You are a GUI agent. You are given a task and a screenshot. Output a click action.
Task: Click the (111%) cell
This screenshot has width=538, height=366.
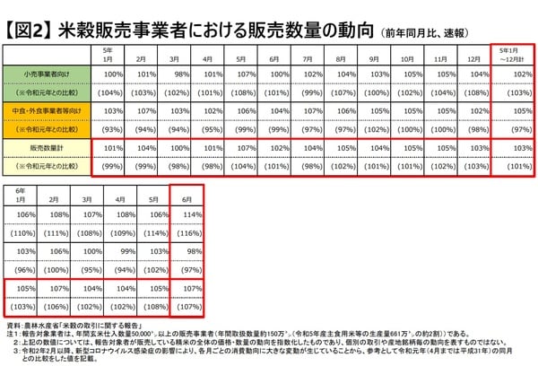(x=55, y=231)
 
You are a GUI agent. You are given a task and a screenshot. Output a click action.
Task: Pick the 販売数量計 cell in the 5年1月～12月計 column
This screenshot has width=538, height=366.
(x=515, y=148)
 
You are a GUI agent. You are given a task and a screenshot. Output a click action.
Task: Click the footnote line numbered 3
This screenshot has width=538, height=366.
(x=269, y=353)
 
